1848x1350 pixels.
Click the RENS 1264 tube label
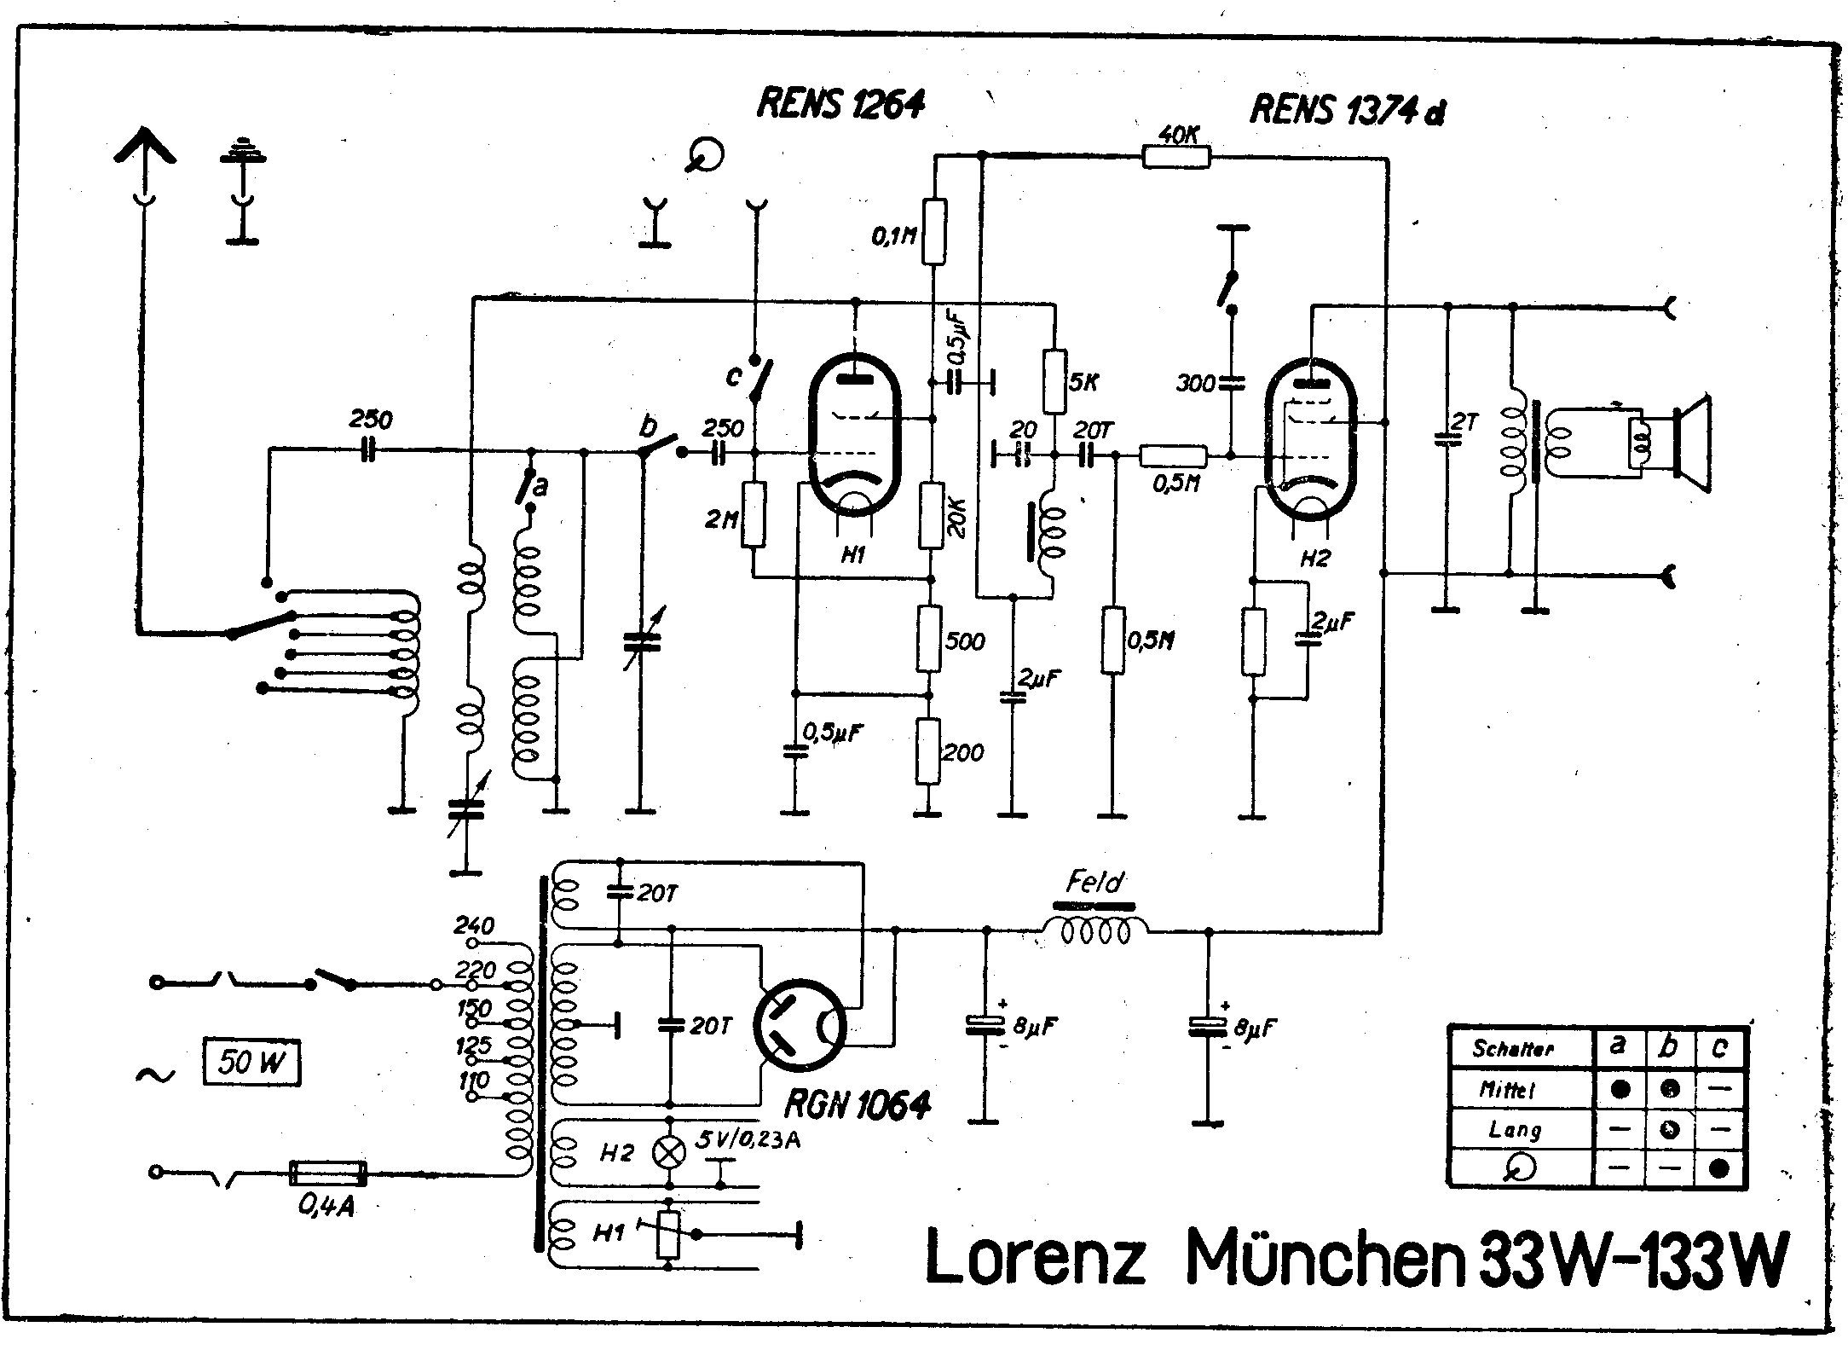[840, 105]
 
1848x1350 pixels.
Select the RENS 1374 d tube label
[1347, 111]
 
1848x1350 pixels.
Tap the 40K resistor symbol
[1175, 156]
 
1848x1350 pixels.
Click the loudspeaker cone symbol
[1692, 443]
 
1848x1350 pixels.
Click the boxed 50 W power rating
[251, 1063]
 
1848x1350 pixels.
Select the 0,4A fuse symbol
[328, 1173]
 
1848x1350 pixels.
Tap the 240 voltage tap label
[474, 926]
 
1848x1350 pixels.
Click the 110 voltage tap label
[474, 1081]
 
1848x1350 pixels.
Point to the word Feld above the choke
[1094, 882]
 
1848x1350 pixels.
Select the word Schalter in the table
[1512, 1049]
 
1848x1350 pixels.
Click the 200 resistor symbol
[928, 750]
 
